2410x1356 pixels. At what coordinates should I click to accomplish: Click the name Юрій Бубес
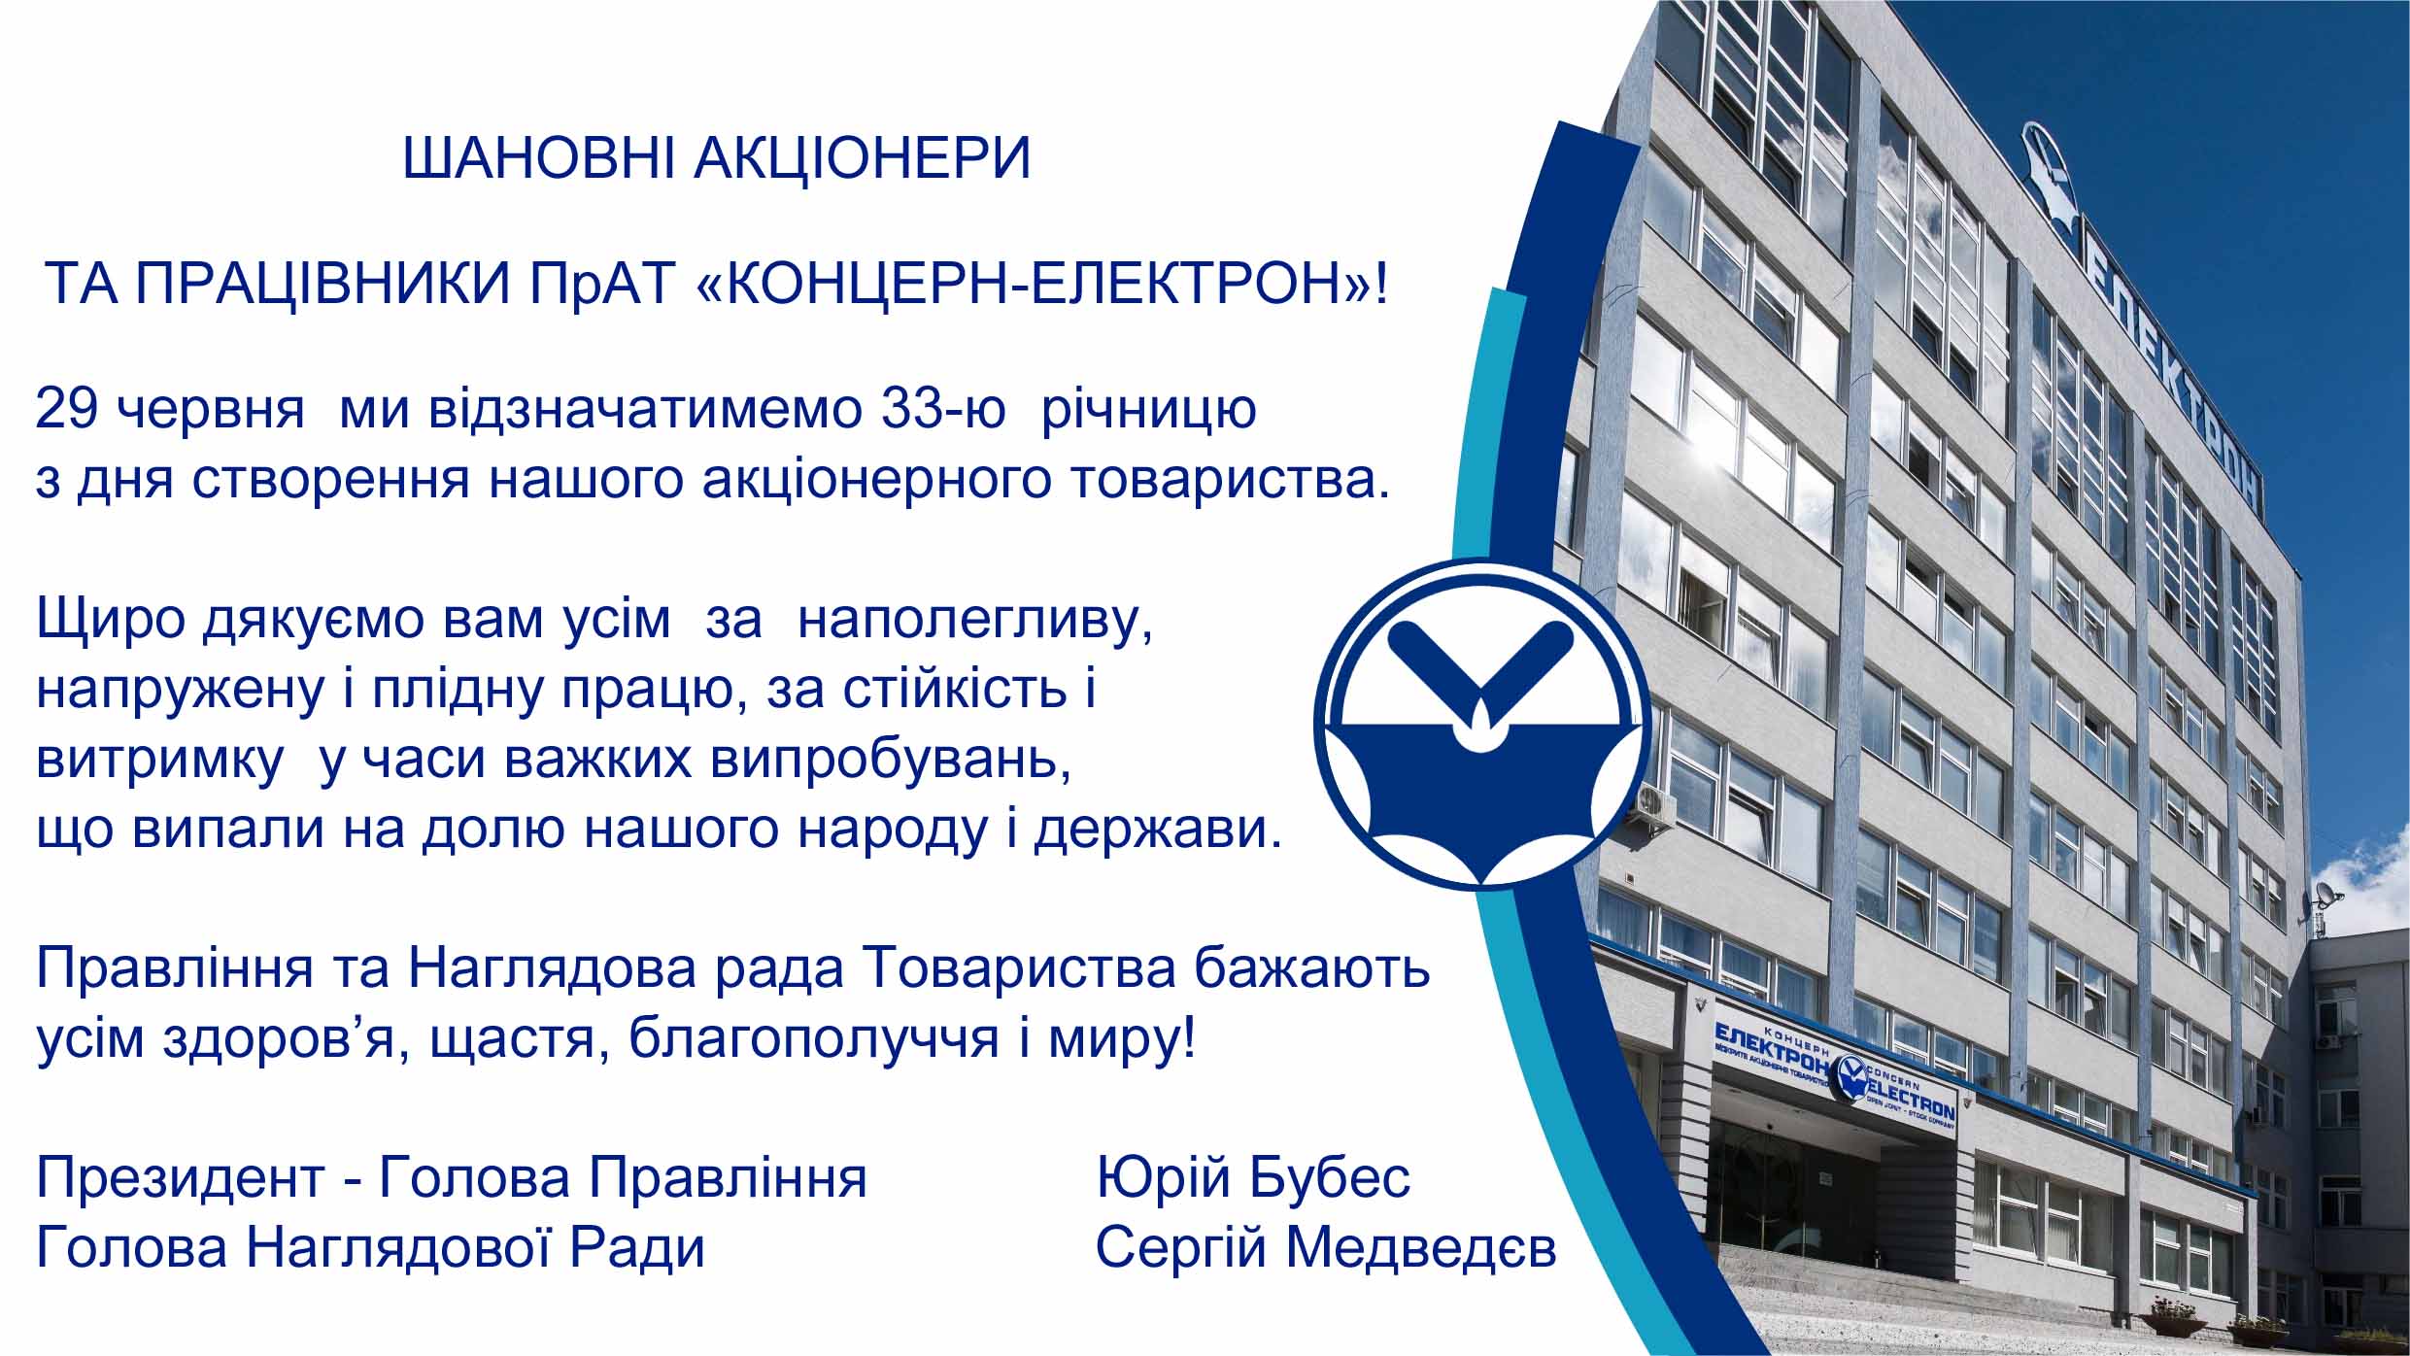click(1253, 1178)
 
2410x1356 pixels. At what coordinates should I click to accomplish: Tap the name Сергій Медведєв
click(1326, 1249)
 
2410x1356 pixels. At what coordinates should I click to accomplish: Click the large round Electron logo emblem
click(1481, 725)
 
